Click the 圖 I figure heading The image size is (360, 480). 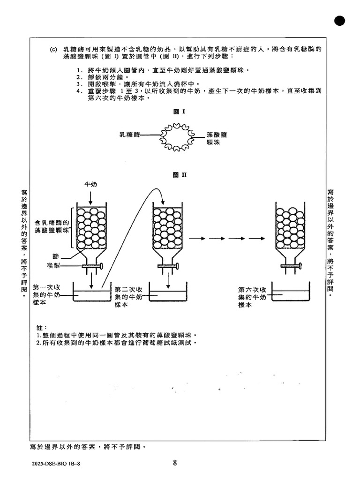pos(180,112)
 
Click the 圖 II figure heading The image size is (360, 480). pos(180,175)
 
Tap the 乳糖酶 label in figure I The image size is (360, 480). pos(130,135)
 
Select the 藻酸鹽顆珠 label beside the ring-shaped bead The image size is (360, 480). pos(217,138)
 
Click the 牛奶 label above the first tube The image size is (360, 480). pos(90,185)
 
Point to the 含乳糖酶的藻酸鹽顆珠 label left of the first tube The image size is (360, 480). pos(52,227)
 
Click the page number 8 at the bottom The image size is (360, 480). pos(175,463)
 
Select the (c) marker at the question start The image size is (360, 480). pos(53,49)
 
